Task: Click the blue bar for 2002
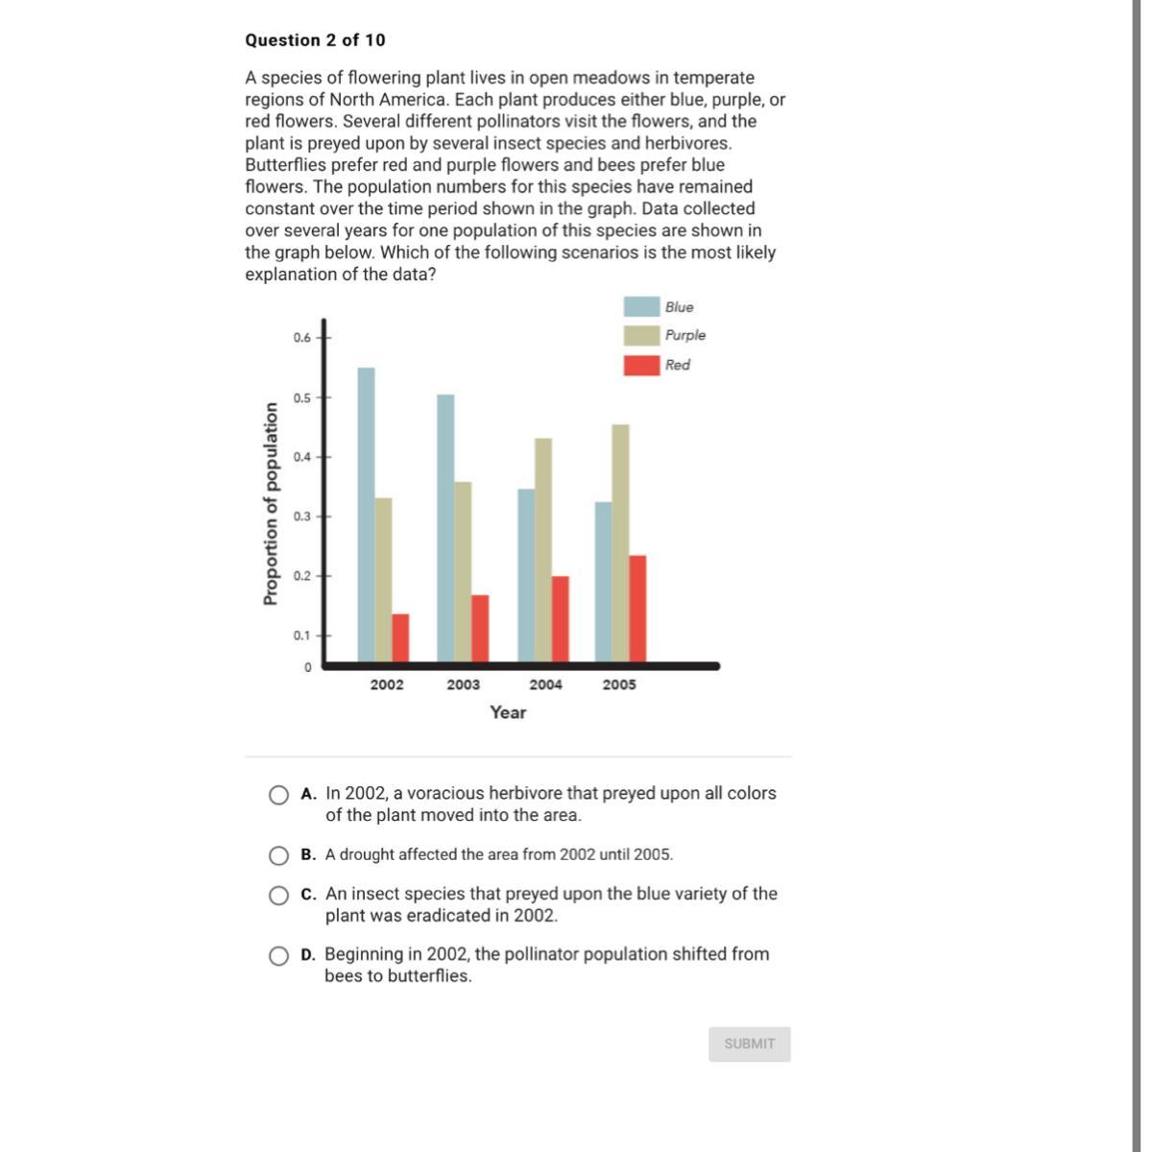(x=366, y=516)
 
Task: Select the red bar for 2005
(x=636, y=609)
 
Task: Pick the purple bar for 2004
(x=543, y=550)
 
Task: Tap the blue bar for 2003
(x=445, y=528)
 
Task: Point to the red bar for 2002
(x=400, y=637)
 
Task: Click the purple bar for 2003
(x=463, y=572)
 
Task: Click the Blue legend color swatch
(x=641, y=307)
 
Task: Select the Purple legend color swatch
(x=641, y=336)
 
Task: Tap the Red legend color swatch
(x=641, y=365)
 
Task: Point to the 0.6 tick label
(x=302, y=338)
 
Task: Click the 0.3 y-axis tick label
(x=302, y=516)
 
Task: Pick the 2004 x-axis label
(x=545, y=684)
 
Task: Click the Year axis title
(x=508, y=712)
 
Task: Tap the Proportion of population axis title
(x=271, y=503)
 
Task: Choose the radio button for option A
(x=278, y=795)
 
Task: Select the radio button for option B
(x=278, y=855)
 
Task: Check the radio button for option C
(x=278, y=896)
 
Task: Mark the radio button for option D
(x=278, y=956)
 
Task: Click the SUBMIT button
(x=749, y=1044)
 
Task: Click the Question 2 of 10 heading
(x=315, y=40)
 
